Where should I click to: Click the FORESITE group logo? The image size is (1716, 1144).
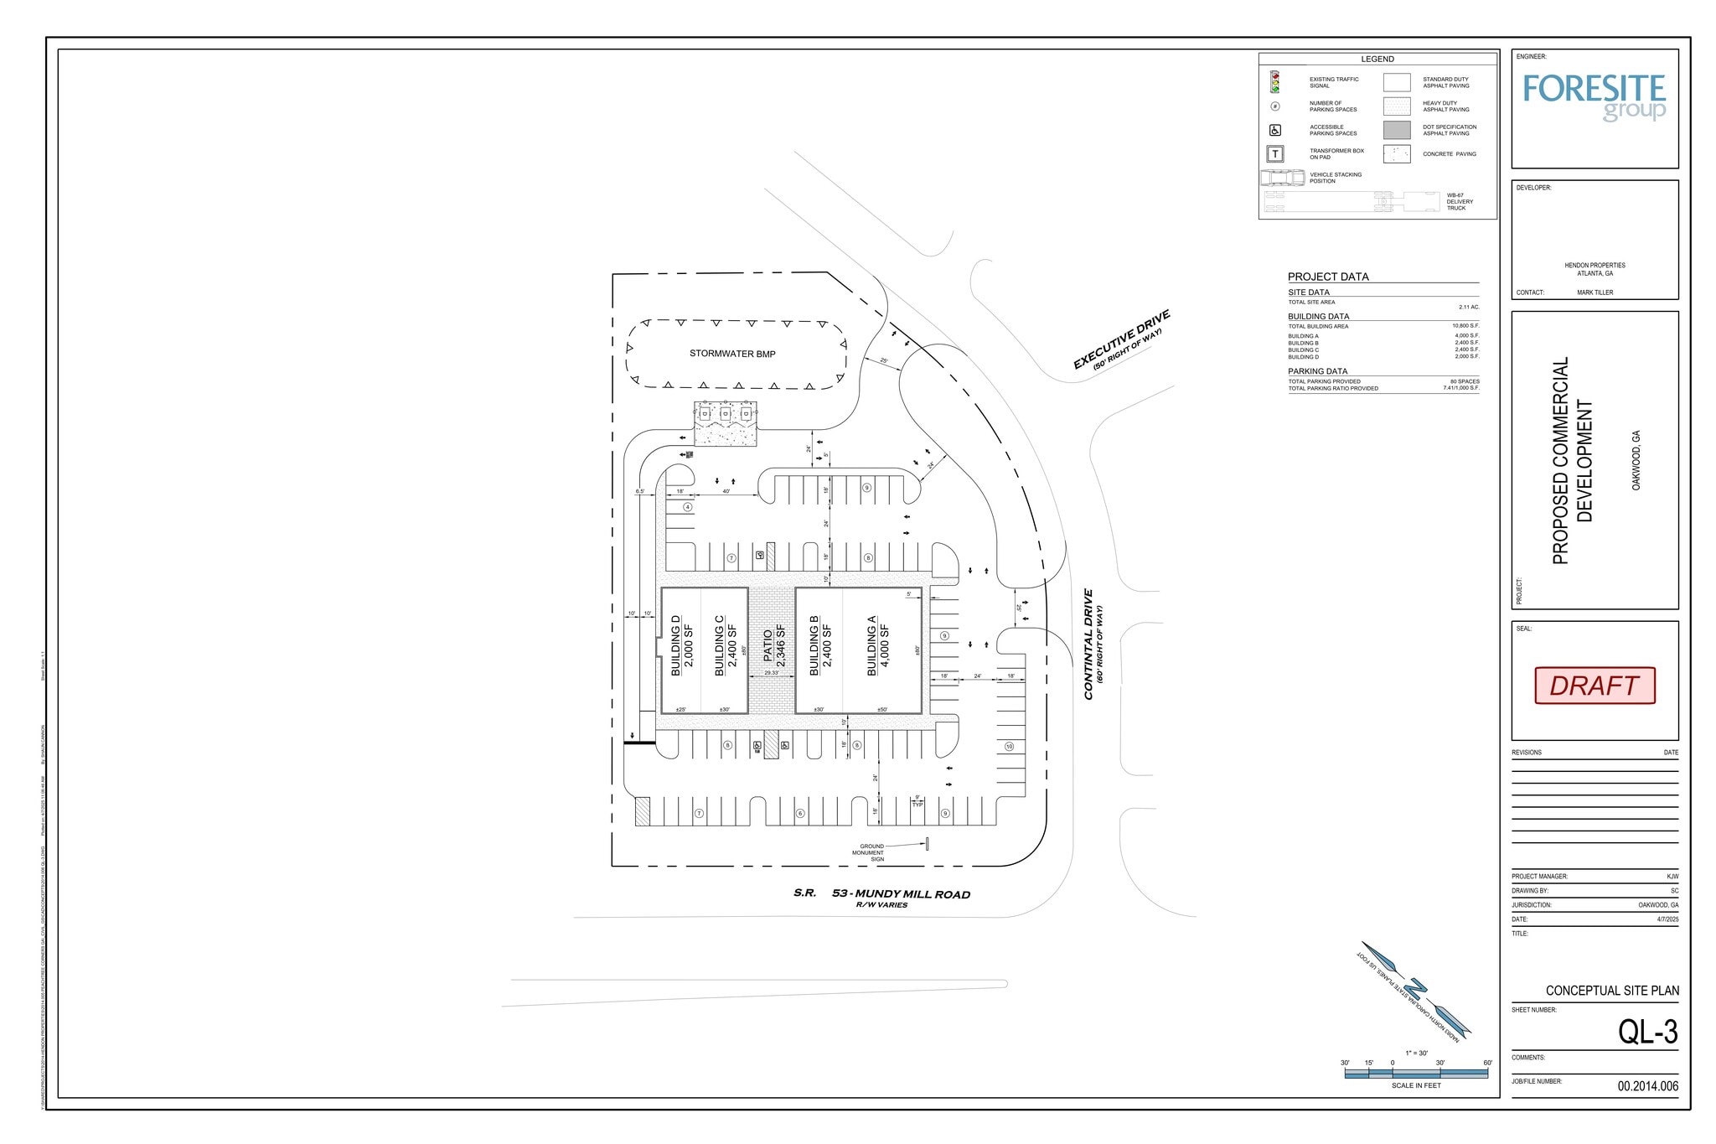pyautogui.click(x=1594, y=97)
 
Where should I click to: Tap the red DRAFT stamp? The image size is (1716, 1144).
pyautogui.click(x=1595, y=686)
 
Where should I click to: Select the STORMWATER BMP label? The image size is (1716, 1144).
pyautogui.click(x=732, y=354)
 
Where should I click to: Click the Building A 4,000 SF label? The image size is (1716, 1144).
pyautogui.click(x=877, y=645)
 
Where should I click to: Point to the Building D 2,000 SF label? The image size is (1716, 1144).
pyautogui.click(x=682, y=645)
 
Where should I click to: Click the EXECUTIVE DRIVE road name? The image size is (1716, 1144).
pyautogui.click(x=1121, y=340)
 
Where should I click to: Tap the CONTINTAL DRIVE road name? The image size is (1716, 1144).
pyautogui.click(x=1091, y=644)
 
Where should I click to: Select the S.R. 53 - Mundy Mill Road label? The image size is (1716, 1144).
pyautogui.click(x=881, y=894)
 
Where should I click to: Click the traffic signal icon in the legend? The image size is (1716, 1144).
pyautogui.click(x=1275, y=82)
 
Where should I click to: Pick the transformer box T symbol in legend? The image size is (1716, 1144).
pyautogui.click(x=1275, y=154)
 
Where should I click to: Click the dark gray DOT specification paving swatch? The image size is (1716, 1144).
pyautogui.click(x=1397, y=130)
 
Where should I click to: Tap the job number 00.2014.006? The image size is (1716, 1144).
pyautogui.click(x=1647, y=1086)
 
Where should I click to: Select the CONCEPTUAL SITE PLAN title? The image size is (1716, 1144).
pyautogui.click(x=1612, y=991)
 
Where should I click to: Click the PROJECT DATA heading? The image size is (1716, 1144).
pyautogui.click(x=1328, y=277)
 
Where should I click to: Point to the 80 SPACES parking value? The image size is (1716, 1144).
pyautogui.click(x=1465, y=381)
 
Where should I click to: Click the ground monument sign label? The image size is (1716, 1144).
pyautogui.click(x=871, y=852)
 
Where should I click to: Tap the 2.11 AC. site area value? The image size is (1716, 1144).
pyautogui.click(x=1468, y=308)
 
